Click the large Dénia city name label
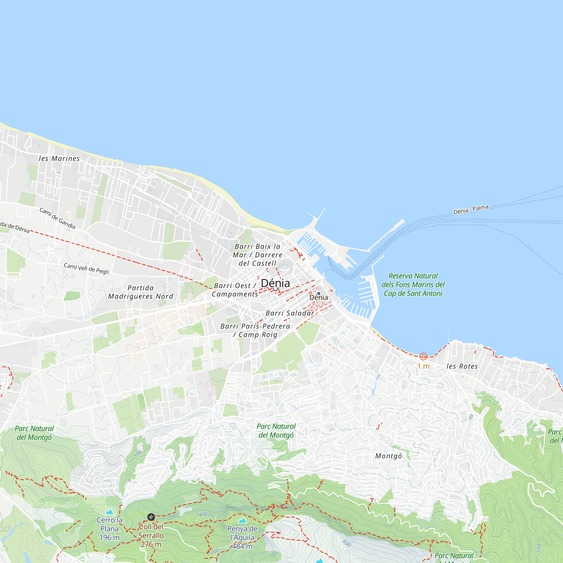275,283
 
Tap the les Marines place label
59,158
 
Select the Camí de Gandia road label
57,218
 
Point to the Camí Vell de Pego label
86,268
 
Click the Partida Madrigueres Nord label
140,292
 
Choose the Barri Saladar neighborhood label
290,313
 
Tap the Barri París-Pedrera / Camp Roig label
255,330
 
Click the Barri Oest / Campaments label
235,290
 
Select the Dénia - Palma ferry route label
471,209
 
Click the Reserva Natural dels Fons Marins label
413,285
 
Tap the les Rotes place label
462,366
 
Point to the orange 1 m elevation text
423,366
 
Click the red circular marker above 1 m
423,356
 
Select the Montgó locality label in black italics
388,456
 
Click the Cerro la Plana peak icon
109,512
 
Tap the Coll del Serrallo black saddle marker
151,517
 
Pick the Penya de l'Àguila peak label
242,537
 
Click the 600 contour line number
347,544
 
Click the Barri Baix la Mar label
257,255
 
